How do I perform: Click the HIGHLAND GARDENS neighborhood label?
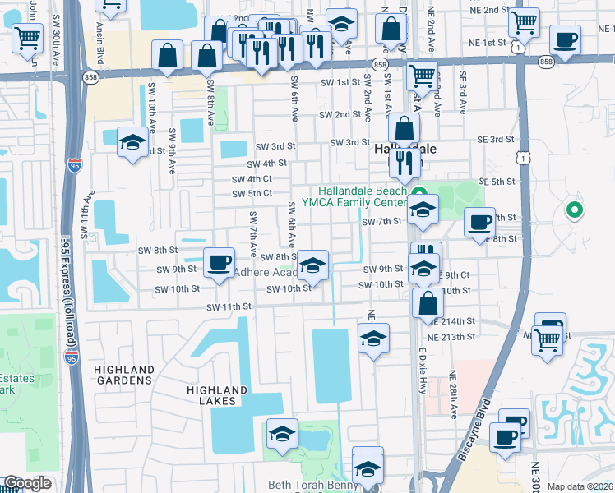pos(125,376)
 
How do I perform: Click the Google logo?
pos(27,483)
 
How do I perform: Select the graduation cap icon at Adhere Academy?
pos(312,265)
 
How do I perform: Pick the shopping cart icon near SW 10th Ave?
pos(28,36)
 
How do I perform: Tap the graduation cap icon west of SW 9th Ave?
pos(132,143)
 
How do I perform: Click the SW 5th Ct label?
pos(252,194)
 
